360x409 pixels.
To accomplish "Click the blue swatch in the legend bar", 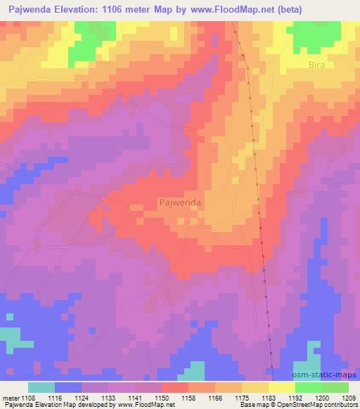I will coord(67,387).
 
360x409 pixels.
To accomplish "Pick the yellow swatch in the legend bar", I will coord(281,387).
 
